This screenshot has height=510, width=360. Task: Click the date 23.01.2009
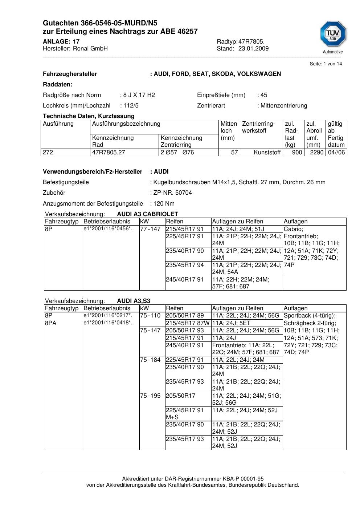(x=253, y=49)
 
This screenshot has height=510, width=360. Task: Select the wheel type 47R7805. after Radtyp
(x=251, y=42)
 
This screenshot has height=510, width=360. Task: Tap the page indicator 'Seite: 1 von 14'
(x=326, y=64)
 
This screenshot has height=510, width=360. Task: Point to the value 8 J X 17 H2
(x=139, y=95)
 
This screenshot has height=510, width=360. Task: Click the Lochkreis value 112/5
(x=131, y=106)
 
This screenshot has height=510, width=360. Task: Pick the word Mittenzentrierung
(x=284, y=106)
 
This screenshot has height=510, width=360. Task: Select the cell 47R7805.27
(x=109, y=153)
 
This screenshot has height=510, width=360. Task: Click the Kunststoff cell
(x=267, y=153)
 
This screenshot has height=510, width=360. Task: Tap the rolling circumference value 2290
(x=316, y=153)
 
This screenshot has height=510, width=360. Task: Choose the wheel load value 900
(x=297, y=153)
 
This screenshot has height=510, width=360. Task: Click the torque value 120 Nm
(x=164, y=204)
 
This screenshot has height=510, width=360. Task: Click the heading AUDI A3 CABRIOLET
(x=147, y=214)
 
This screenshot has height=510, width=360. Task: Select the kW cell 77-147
(x=150, y=229)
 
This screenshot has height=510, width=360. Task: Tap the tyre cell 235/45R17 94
(x=185, y=265)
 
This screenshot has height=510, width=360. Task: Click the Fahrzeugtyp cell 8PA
(x=51, y=323)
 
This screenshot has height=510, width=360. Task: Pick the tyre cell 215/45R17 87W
(x=188, y=323)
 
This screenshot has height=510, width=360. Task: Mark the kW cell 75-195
(x=150, y=396)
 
